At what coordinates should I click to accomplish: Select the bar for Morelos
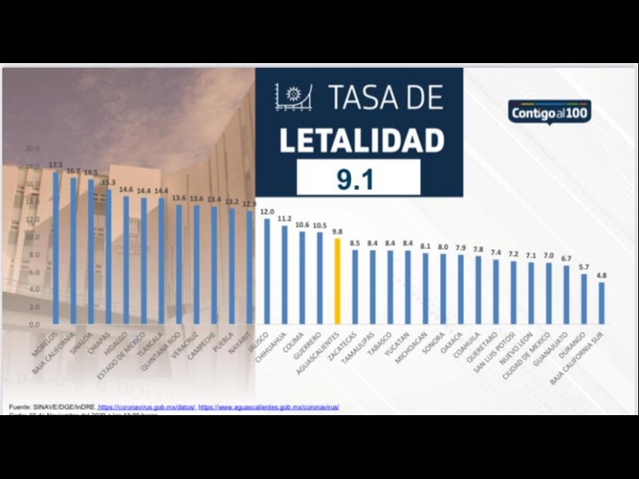click(56, 248)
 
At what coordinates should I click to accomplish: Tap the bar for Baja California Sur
click(601, 303)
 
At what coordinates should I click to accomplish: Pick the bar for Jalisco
click(267, 271)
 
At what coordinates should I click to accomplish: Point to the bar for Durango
click(584, 299)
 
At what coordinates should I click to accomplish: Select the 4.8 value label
click(601, 275)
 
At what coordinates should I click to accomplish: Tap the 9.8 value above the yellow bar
click(337, 232)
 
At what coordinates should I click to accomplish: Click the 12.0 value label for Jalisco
click(267, 212)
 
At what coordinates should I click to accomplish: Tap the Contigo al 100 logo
click(550, 111)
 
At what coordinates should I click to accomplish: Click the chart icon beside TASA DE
click(292, 97)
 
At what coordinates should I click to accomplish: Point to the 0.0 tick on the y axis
click(33, 325)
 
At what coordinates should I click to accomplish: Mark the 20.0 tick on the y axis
click(33, 149)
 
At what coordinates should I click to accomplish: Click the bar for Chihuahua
click(284, 275)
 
